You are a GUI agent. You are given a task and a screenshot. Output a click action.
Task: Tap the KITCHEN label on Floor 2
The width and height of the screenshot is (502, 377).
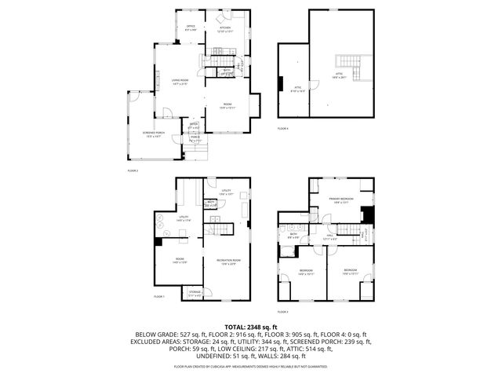225,29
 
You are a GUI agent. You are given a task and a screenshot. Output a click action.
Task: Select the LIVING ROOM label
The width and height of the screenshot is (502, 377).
177,81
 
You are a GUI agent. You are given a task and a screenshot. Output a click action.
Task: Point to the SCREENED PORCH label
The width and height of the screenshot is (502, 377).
153,134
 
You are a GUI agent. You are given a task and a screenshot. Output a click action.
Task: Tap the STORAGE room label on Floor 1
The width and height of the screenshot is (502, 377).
195,295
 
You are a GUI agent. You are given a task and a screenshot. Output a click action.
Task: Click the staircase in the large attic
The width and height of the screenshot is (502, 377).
346,63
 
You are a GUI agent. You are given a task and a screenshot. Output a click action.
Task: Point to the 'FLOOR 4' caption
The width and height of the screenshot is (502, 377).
282,128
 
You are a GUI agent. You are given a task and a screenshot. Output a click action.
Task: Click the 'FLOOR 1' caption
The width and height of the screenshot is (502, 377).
158,296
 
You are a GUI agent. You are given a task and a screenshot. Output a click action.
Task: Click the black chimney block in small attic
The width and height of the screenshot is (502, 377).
281,82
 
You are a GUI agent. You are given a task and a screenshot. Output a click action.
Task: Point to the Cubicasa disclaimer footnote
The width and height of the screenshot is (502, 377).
251,366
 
